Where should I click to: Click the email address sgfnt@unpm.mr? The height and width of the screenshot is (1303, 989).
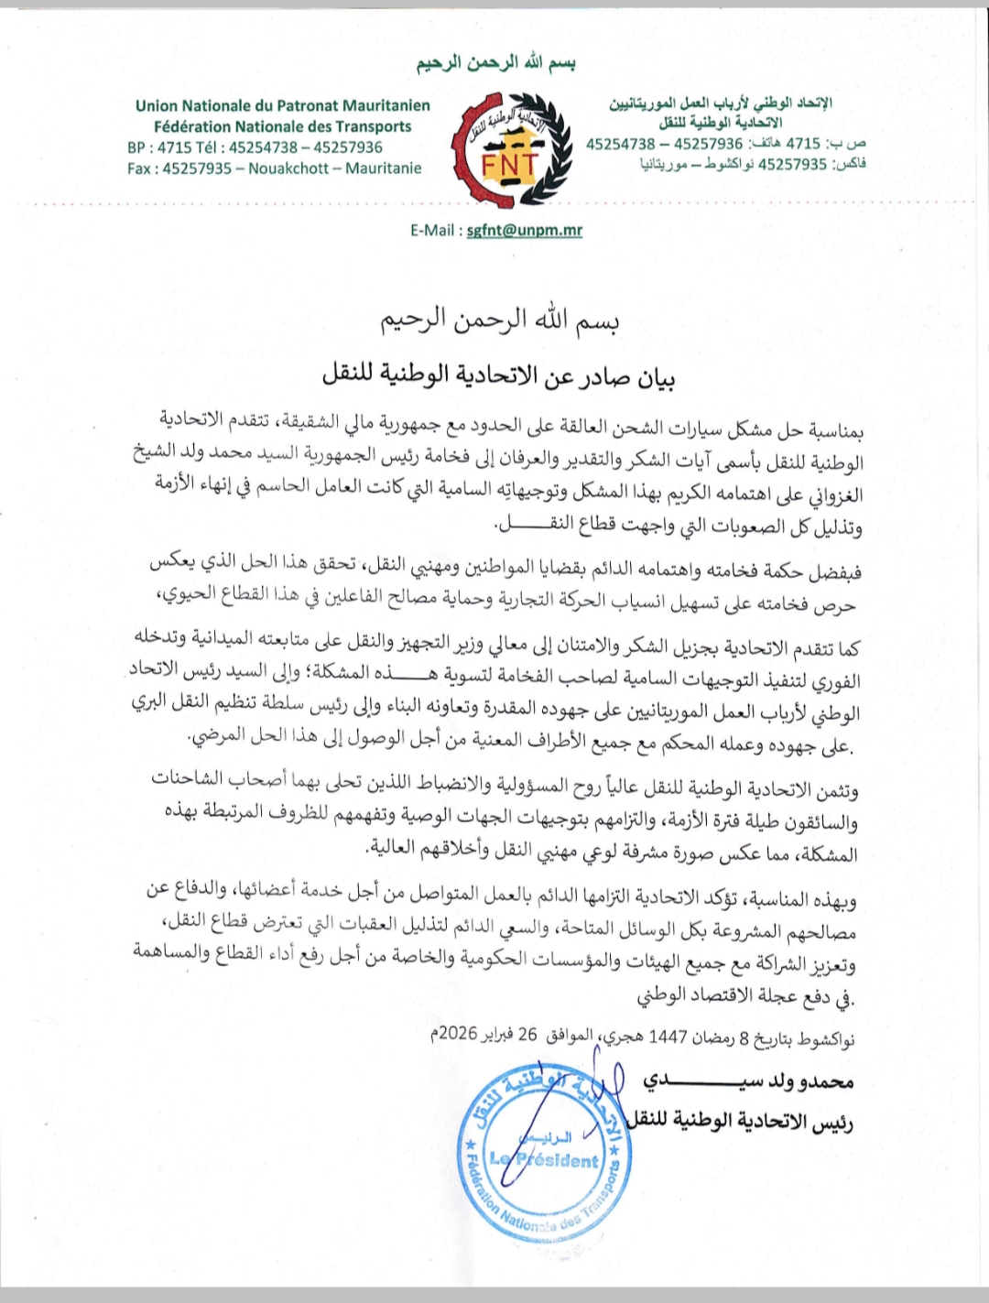point(524,230)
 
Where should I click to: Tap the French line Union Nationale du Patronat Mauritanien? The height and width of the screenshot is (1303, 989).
point(282,105)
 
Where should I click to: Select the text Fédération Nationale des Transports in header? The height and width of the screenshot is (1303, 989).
point(282,126)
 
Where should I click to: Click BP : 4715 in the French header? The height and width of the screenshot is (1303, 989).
point(159,147)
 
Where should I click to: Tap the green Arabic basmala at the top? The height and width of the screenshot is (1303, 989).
point(495,63)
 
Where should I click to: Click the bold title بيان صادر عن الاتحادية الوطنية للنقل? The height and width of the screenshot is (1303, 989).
point(499,375)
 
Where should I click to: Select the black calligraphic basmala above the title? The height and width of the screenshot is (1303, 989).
point(500,320)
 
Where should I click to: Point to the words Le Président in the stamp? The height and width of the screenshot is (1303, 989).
point(544,1160)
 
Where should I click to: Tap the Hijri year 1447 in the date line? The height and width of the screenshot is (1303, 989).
point(668,1037)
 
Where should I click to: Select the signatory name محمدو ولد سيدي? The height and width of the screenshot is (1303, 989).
point(748,1081)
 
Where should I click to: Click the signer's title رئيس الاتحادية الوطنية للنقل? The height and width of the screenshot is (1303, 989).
point(740,1121)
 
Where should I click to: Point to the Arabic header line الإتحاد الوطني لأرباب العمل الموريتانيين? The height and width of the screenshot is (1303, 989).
point(721,103)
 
